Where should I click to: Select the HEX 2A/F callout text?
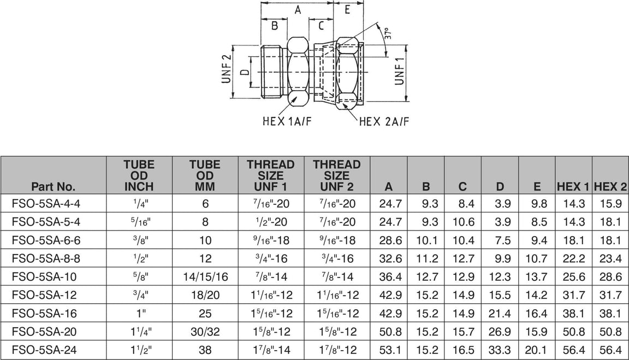tap(384, 121)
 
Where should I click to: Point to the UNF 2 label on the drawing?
tap(227, 70)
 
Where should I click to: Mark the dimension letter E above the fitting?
tap(347, 9)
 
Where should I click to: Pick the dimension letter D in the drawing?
tap(245, 71)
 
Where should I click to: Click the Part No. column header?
tap(54, 186)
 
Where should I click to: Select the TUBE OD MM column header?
tap(204, 175)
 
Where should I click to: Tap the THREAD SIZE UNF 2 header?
tap(336, 175)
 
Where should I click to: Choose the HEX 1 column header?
tap(573, 186)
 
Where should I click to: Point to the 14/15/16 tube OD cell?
tap(205, 278)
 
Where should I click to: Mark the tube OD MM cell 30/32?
tap(205, 332)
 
